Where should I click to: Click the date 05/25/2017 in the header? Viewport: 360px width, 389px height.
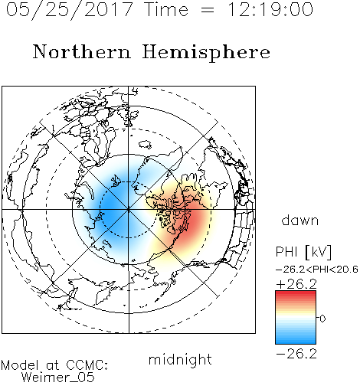click(69, 9)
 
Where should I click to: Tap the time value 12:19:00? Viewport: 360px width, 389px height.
click(270, 9)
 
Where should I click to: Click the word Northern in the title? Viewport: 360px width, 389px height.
click(82, 52)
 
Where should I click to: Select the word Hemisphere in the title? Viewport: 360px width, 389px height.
click(206, 53)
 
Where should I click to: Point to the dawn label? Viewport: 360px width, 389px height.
click(300, 220)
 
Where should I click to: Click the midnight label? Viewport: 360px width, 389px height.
click(180, 359)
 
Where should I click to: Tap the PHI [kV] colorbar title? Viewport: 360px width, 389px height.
click(303, 252)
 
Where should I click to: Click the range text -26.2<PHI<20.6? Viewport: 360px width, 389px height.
click(316, 270)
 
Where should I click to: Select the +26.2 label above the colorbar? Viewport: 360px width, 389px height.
click(296, 284)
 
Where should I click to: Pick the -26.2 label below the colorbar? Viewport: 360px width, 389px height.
click(296, 354)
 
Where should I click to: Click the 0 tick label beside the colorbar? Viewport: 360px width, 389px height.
click(322, 319)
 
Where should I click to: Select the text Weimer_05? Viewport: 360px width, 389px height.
click(57, 377)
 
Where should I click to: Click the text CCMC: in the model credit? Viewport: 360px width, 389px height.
click(87, 365)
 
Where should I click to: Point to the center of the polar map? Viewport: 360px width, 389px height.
click(129, 210)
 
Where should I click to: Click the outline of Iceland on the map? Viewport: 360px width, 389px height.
click(145, 145)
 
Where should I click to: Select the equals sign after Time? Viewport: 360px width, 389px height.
click(207, 10)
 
